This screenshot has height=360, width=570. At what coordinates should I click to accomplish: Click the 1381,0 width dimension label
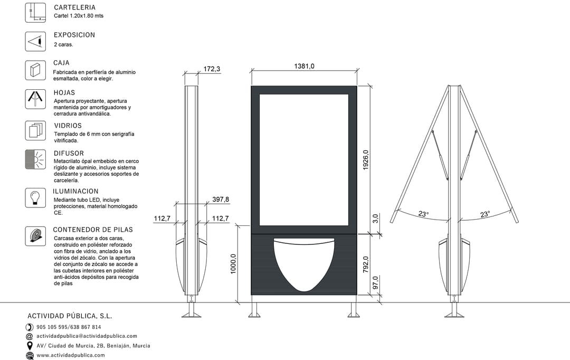point(304,66)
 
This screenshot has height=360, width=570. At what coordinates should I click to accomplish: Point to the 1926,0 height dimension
point(365,160)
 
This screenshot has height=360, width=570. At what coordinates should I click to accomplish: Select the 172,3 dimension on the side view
point(212,69)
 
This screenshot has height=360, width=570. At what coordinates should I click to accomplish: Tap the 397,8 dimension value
point(221,200)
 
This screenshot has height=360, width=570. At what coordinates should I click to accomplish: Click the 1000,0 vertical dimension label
point(233,264)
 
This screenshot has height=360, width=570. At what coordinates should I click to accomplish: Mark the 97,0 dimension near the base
point(376,283)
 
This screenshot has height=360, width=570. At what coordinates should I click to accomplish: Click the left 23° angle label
point(423,214)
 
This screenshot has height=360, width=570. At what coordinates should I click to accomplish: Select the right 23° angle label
point(485,214)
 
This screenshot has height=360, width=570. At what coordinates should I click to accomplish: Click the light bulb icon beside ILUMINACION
point(35,198)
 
